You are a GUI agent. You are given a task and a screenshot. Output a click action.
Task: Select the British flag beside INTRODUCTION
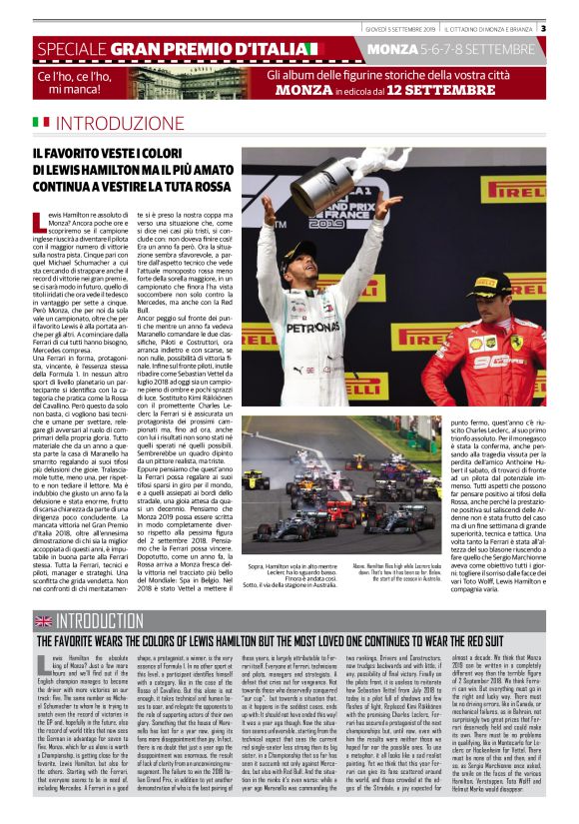(43, 620)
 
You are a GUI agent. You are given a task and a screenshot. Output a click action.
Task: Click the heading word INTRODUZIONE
(129, 123)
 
